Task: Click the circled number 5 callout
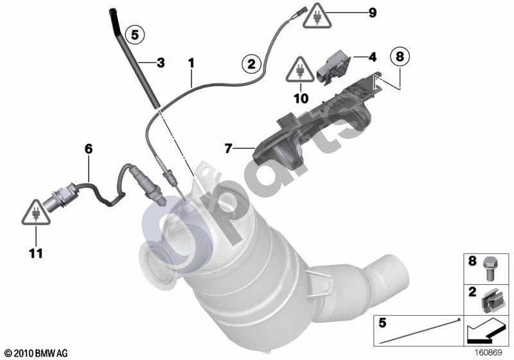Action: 135,34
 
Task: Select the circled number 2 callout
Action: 251,63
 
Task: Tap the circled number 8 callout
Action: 400,57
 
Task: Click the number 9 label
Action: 373,13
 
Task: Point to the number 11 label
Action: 36,253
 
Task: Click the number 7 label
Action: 229,148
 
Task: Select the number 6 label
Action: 89,149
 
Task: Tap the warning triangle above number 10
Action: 299,70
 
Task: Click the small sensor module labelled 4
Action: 333,67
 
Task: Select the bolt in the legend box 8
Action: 489,269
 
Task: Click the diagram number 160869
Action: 488,352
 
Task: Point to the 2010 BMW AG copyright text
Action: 37,353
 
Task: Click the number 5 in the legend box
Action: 382,323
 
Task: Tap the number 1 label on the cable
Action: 191,63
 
